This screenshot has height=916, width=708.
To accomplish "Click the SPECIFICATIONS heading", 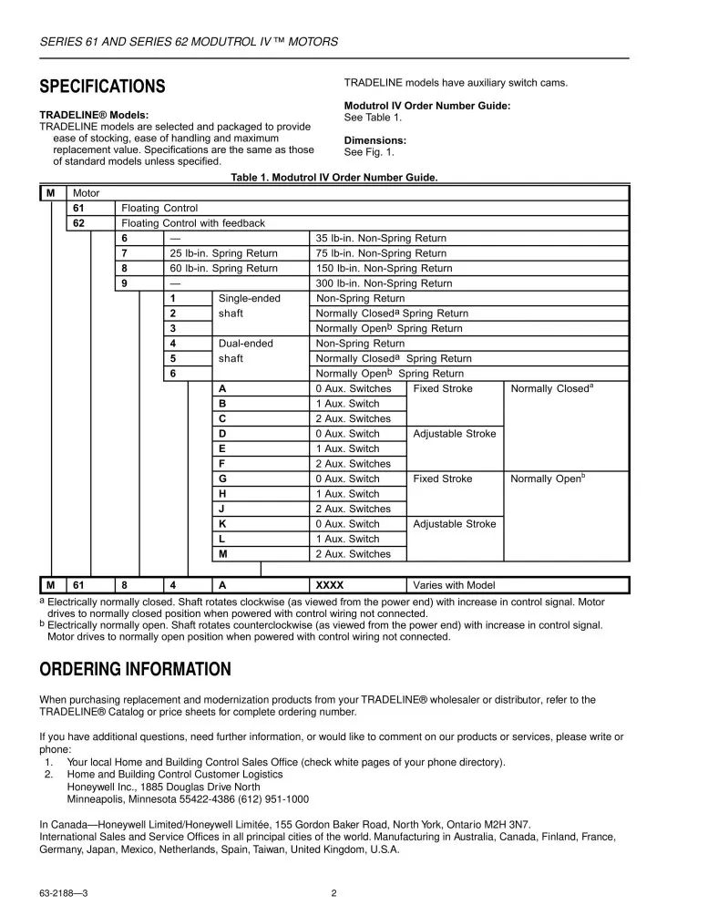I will [102, 87].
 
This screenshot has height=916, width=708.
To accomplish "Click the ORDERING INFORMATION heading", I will [135, 670].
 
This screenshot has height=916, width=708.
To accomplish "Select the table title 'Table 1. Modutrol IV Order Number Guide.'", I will [334, 177].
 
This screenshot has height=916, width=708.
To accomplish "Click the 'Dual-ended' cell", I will [245, 344].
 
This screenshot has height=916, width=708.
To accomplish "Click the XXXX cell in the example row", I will [329, 585].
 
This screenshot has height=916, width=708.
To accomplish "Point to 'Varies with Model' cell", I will [455, 585].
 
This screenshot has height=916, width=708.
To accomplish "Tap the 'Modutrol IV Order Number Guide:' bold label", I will [426, 106].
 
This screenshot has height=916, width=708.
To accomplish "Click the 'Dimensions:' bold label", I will [375, 140].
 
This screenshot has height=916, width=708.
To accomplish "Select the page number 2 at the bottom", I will [334, 893].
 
